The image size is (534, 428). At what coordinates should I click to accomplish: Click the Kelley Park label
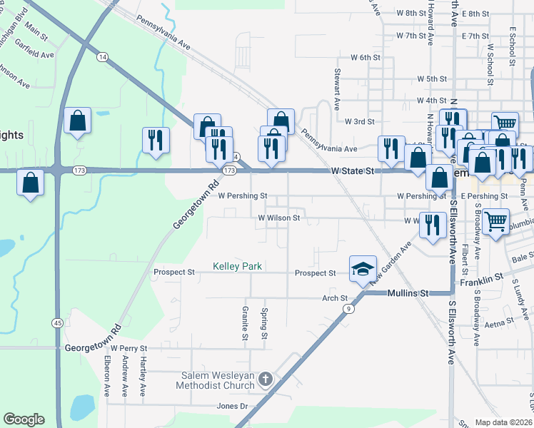point(238,267)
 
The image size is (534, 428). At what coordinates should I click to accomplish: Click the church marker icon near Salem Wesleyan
point(266,378)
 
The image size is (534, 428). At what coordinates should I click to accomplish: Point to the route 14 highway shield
point(103,56)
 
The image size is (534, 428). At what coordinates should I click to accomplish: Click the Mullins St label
point(408,293)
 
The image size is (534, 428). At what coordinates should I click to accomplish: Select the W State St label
point(353,171)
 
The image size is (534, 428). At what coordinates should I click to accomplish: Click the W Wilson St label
point(279,218)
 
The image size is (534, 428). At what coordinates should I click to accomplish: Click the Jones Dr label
point(232,407)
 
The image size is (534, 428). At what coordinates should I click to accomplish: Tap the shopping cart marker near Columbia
point(495,220)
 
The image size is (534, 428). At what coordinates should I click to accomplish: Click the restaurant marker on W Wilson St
point(433,225)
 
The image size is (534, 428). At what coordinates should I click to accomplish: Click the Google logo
point(24,419)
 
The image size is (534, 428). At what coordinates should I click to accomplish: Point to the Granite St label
point(244,322)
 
